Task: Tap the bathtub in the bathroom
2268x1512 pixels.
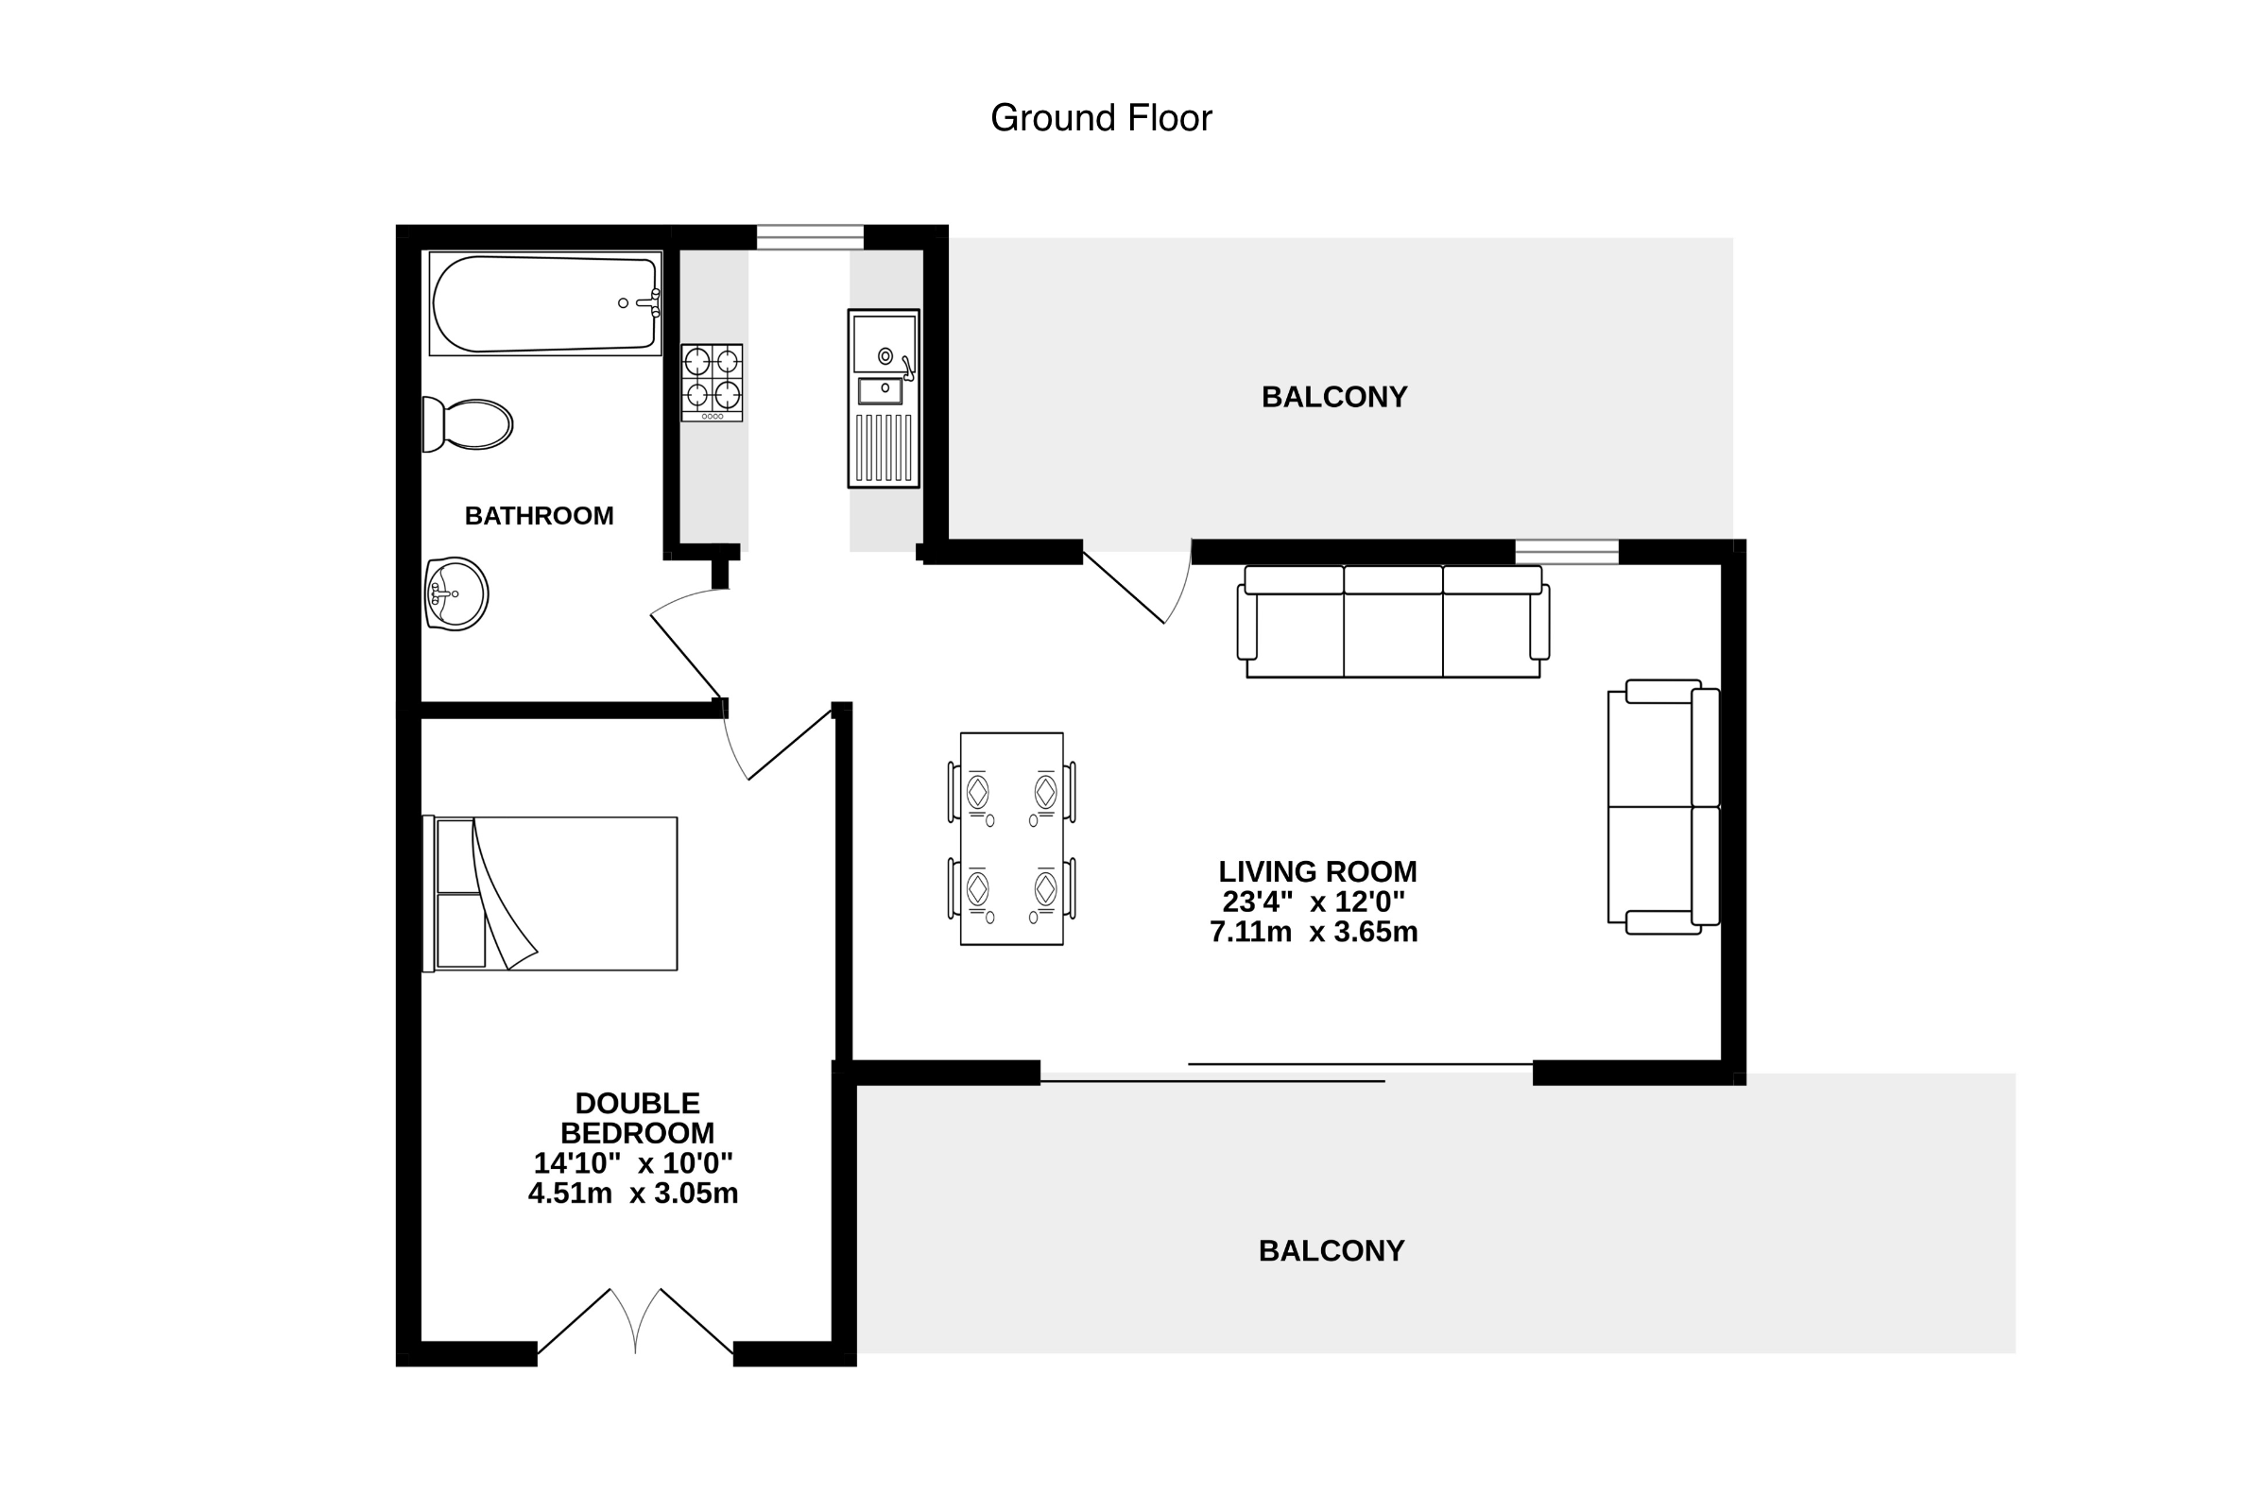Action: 545,303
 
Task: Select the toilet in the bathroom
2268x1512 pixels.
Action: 468,424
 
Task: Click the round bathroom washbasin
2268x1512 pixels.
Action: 456,594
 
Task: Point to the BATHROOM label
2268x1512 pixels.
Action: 539,516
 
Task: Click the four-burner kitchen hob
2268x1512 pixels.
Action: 712,382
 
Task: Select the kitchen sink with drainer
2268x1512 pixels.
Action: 884,398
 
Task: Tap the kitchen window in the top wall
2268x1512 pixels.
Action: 810,237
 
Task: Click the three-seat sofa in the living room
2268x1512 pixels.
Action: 1393,622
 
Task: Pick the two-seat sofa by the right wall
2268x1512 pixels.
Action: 1663,806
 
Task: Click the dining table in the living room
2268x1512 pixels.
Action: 1011,839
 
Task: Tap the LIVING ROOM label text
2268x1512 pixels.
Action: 1317,871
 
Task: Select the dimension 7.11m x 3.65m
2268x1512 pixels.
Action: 1314,933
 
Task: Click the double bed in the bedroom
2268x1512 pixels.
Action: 550,894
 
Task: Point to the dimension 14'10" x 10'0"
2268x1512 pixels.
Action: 633,1163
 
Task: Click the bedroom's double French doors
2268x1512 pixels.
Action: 634,1322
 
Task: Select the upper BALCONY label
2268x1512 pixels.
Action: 1334,396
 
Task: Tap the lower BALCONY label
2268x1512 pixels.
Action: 1332,1250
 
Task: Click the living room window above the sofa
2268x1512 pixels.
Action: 1567,552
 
